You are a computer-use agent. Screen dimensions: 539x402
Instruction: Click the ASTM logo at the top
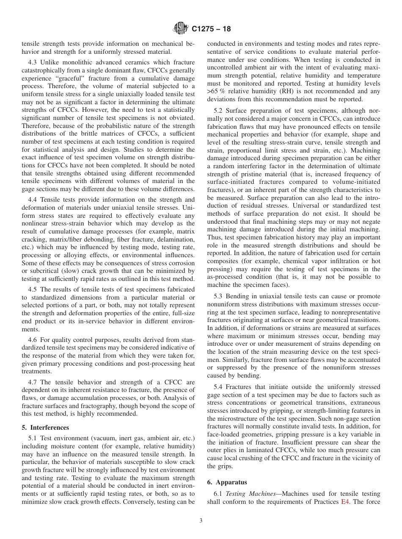[181, 29]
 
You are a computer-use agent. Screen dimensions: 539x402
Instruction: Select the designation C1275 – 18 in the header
[211, 29]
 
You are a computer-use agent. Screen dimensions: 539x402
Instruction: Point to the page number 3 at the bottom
[201, 521]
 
